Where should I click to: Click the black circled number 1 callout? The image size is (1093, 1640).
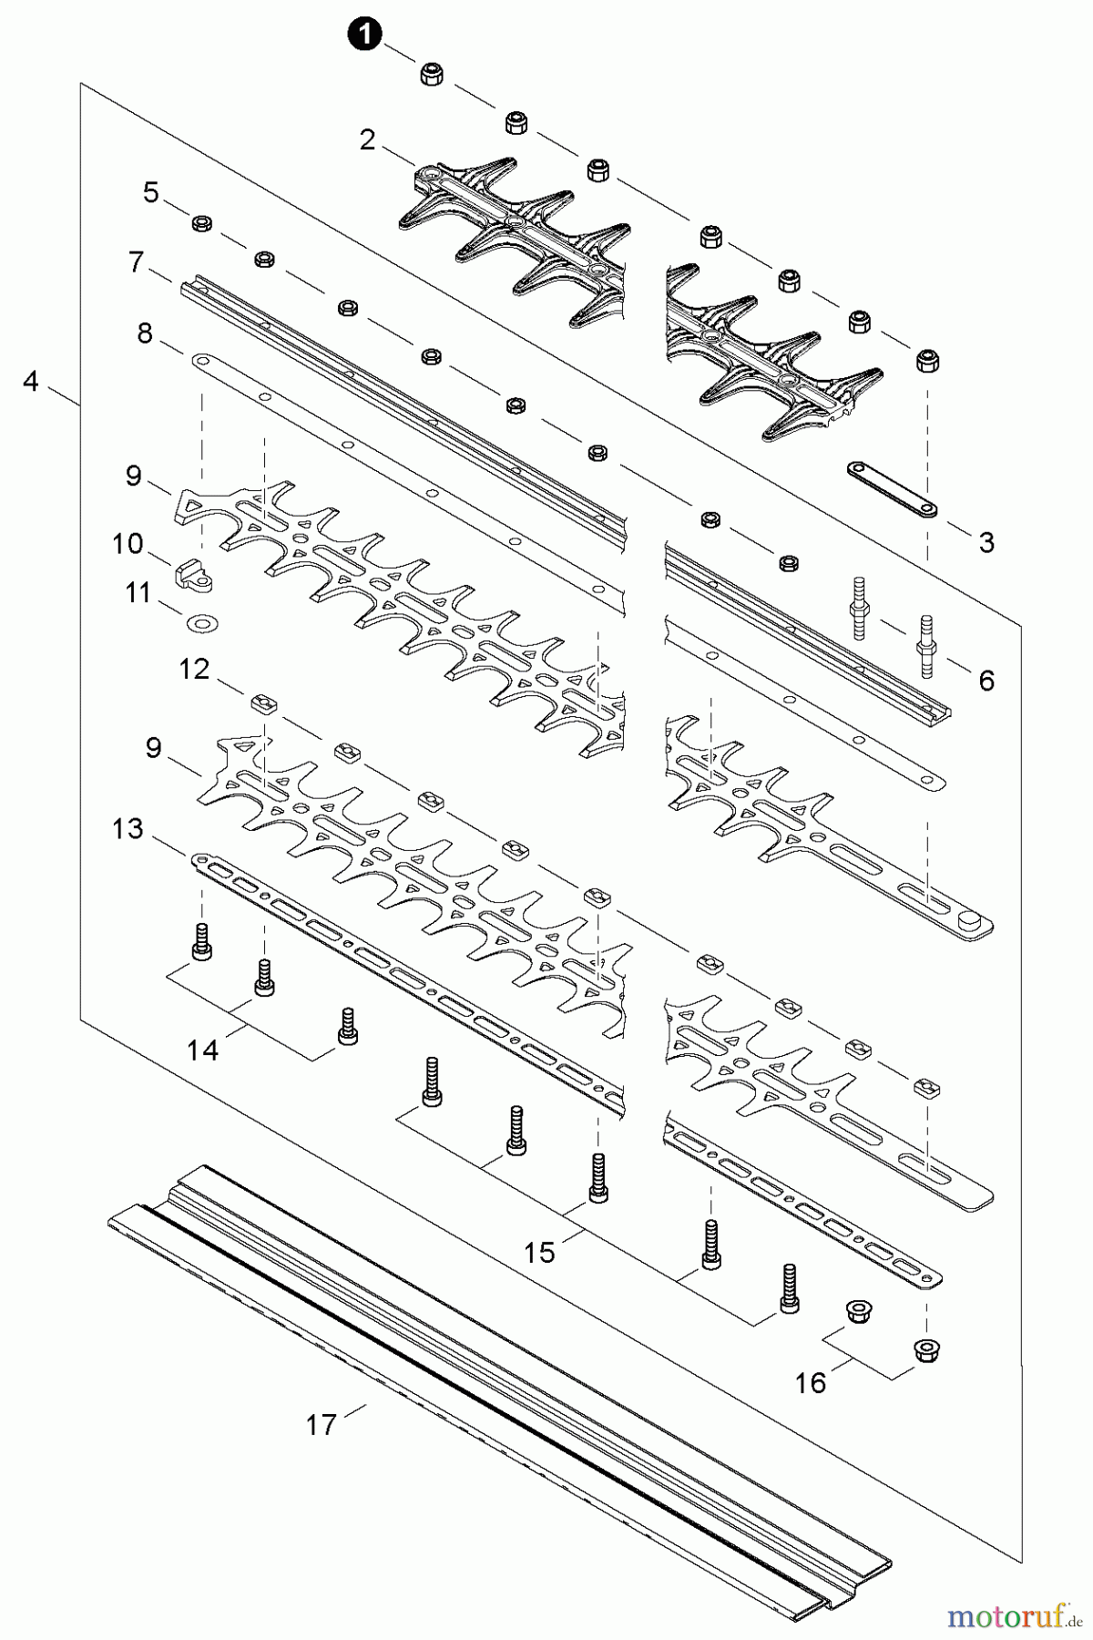[x=364, y=36]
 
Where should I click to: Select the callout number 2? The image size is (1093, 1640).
[x=367, y=140]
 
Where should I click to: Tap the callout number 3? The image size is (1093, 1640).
[x=986, y=543]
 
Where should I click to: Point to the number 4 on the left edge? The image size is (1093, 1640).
[x=31, y=382]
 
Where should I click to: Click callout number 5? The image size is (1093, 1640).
[x=150, y=192]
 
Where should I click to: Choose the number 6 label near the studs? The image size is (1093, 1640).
[x=986, y=680]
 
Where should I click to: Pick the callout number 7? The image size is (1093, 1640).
[x=136, y=262]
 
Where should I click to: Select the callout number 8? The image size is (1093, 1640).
[x=145, y=333]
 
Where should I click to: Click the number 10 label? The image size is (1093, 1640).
[x=128, y=544]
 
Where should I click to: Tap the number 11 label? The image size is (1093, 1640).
[x=138, y=593]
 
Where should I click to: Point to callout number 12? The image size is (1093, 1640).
[x=194, y=669]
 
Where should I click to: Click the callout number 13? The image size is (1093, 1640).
[x=128, y=829]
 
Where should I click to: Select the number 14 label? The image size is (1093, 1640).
[x=202, y=1051]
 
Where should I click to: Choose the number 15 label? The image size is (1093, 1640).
[x=539, y=1253]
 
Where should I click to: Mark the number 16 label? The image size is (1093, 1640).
[x=810, y=1383]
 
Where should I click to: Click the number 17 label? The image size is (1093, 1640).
[x=321, y=1424]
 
